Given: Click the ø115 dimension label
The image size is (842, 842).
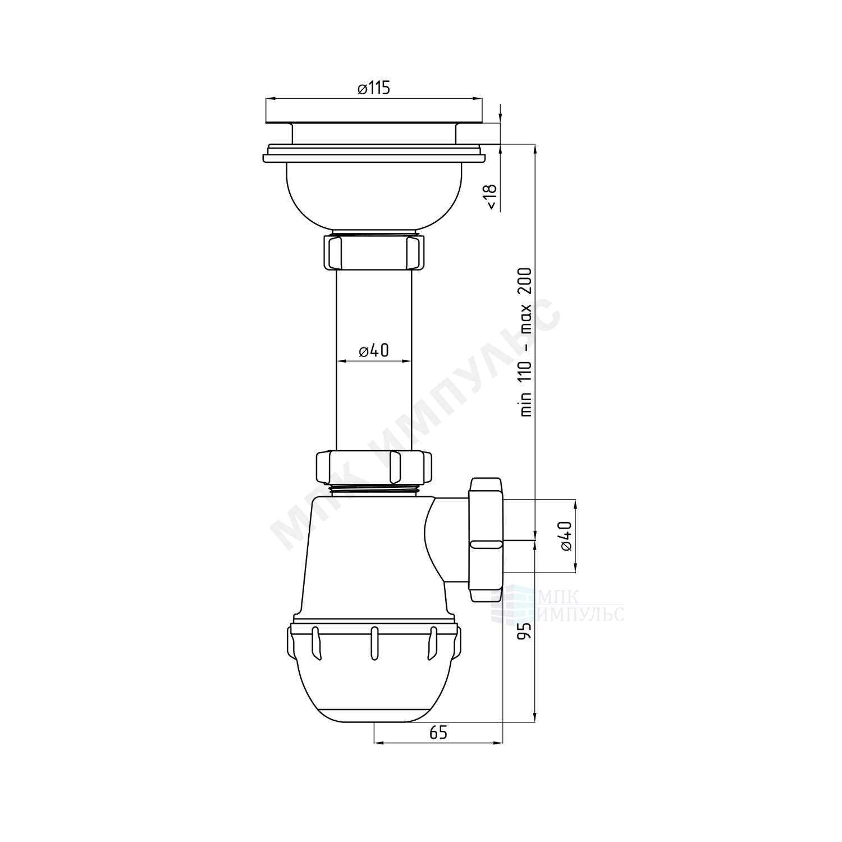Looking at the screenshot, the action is pos(373,89).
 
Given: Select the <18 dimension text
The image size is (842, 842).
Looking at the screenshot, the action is pos(491,196).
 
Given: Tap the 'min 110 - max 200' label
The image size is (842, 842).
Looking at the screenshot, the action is pos(526,341).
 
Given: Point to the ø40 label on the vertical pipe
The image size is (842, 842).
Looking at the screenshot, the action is pos(373,351).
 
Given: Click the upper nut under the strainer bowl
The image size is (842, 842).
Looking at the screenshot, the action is pos(373,252).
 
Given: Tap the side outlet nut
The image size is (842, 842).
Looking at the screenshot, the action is pos(486,539).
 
